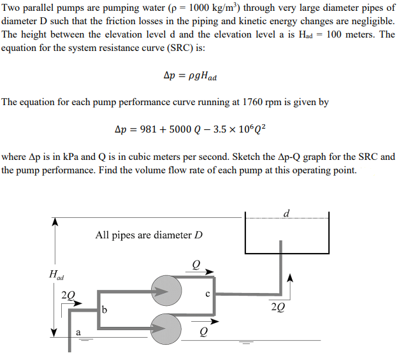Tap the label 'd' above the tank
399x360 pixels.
286,213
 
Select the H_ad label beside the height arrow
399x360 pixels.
56,275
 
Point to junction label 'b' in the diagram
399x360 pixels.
105,310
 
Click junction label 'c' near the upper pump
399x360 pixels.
207,294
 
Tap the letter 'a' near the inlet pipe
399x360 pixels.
78,332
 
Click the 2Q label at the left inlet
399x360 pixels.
68,295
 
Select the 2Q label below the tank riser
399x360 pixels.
278,305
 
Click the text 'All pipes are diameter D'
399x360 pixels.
149,235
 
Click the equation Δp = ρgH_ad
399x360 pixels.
190,78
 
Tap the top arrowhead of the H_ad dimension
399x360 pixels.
55,221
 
